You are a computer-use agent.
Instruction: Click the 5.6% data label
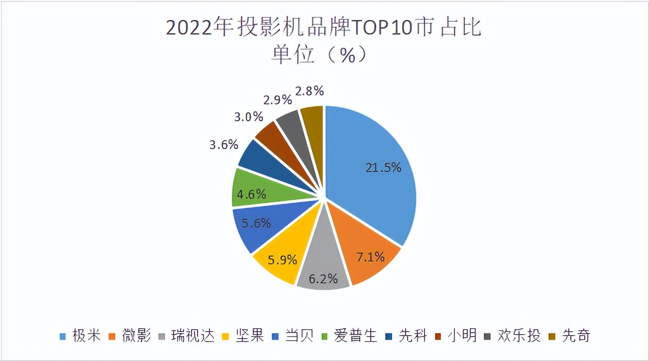point(256,223)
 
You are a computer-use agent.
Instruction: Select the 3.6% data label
point(223,146)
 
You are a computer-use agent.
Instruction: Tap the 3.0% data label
point(248,117)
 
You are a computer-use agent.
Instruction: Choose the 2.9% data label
point(277,99)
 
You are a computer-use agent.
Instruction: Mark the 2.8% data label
point(310,91)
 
